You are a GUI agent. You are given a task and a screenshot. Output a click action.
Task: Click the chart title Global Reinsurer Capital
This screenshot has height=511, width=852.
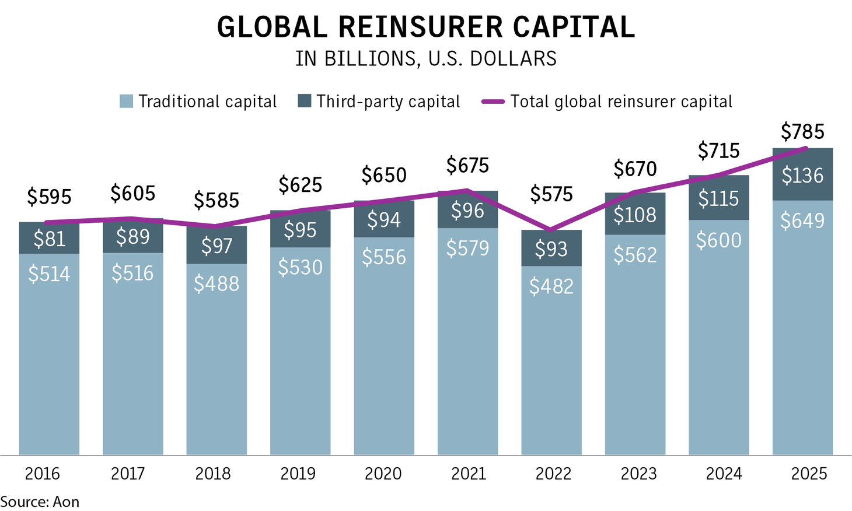tap(425, 27)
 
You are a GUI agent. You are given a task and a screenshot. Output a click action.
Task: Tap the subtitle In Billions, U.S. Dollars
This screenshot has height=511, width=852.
tap(425, 59)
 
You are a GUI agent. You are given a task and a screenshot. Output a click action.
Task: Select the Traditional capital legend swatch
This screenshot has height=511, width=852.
tap(126, 101)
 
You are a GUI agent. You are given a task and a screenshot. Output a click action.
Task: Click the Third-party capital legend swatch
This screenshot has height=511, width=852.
tap(304, 101)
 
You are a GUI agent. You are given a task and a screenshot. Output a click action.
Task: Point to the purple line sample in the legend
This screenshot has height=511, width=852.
tap(493, 101)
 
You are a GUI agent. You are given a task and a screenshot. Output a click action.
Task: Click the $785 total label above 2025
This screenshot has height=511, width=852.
tap(802, 132)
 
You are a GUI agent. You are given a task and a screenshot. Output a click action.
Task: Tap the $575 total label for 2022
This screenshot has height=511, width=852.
tap(551, 194)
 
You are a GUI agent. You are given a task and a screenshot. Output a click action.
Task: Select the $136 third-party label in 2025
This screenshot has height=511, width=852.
tap(802, 176)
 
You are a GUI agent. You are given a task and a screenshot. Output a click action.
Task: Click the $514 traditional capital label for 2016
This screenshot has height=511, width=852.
tap(49, 274)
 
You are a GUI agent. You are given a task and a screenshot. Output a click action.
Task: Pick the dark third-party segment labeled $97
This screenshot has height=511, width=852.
tap(217, 246)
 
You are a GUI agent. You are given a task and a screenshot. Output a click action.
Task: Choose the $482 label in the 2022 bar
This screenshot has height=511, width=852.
tap(551, 286)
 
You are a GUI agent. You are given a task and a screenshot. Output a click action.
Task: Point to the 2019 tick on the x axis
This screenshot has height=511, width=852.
tap(298, 473)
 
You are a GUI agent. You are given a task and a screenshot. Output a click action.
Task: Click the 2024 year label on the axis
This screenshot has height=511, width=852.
tap(724, 473)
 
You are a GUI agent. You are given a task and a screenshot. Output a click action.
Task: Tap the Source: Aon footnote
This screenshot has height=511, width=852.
tap(40, 502)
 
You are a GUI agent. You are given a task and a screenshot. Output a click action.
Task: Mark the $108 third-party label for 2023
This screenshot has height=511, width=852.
tap(635, 215)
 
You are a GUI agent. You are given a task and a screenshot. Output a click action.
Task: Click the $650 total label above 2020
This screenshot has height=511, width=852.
tap(384, 175)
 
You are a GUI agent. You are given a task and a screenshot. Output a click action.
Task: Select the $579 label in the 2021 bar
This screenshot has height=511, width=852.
tap(467, 249)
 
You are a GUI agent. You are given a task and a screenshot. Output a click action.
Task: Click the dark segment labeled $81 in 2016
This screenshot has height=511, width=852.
tap(49, 239)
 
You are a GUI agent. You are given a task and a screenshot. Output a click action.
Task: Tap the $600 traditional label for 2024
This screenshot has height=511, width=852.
tap(718, 240)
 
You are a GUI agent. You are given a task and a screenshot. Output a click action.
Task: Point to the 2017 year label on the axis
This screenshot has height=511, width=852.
tap(128, 473)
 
